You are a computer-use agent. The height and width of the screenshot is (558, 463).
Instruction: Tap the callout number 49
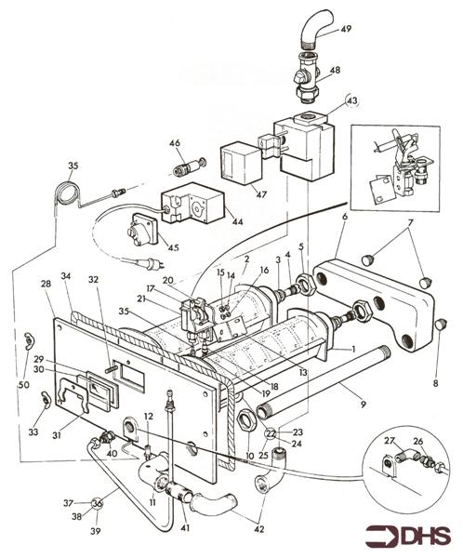346,29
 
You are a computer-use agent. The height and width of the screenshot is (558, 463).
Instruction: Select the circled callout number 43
352,101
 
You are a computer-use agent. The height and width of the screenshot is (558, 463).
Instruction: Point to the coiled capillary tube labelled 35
68,193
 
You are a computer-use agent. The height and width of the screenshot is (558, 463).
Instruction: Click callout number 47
261,195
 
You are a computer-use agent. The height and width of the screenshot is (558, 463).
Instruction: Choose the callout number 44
237,221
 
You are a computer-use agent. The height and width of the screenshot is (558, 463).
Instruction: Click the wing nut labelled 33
46,399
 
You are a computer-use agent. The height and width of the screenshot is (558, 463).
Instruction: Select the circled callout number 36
97,503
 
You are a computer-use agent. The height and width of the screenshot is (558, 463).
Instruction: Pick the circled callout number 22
271,433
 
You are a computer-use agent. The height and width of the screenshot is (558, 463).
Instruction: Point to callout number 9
363,405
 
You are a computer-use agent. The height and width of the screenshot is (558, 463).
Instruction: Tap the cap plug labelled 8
442,324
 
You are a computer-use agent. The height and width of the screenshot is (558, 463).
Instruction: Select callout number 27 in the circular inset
390,441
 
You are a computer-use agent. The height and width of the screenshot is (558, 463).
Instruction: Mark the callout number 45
173,247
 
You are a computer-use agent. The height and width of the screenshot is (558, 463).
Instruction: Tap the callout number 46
175,143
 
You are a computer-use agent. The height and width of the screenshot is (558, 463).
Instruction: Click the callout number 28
46,284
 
